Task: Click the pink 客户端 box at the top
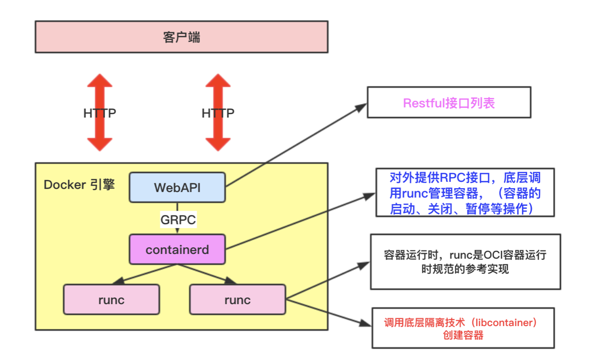[x=181, y=37]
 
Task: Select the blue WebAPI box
[x=177, y=188]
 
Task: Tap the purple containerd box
[x=177, y=249]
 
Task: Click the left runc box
[x=111, y=300]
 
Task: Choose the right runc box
[x=237, y=300]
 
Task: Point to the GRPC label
[x=178, y=220]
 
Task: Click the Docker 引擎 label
[x=79, y=185]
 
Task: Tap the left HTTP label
[x=99, y=113]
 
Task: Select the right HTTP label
[x=218, y=113]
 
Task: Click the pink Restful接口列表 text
[x=449, y=103]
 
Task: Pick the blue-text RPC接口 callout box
[x=465, y=192]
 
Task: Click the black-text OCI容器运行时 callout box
[x=465, y=262]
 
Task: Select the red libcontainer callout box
[x=463, y=328]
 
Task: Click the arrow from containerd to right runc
[x=206, y=274]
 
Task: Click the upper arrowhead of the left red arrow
[x=99, y=81]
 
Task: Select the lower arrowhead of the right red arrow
[x=218, y=144]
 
